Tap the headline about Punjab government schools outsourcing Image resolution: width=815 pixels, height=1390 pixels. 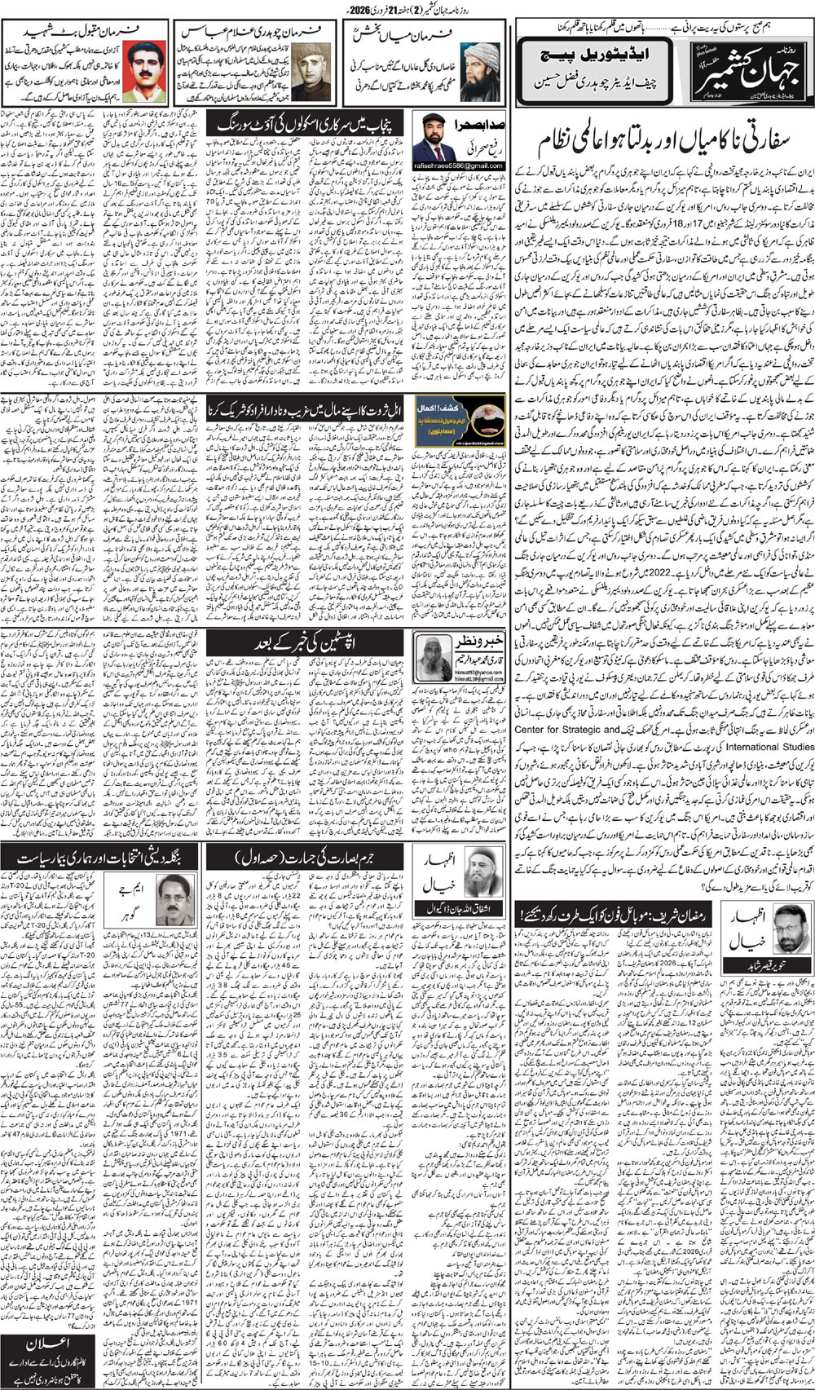pyautogui.click(x=306, y=125)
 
